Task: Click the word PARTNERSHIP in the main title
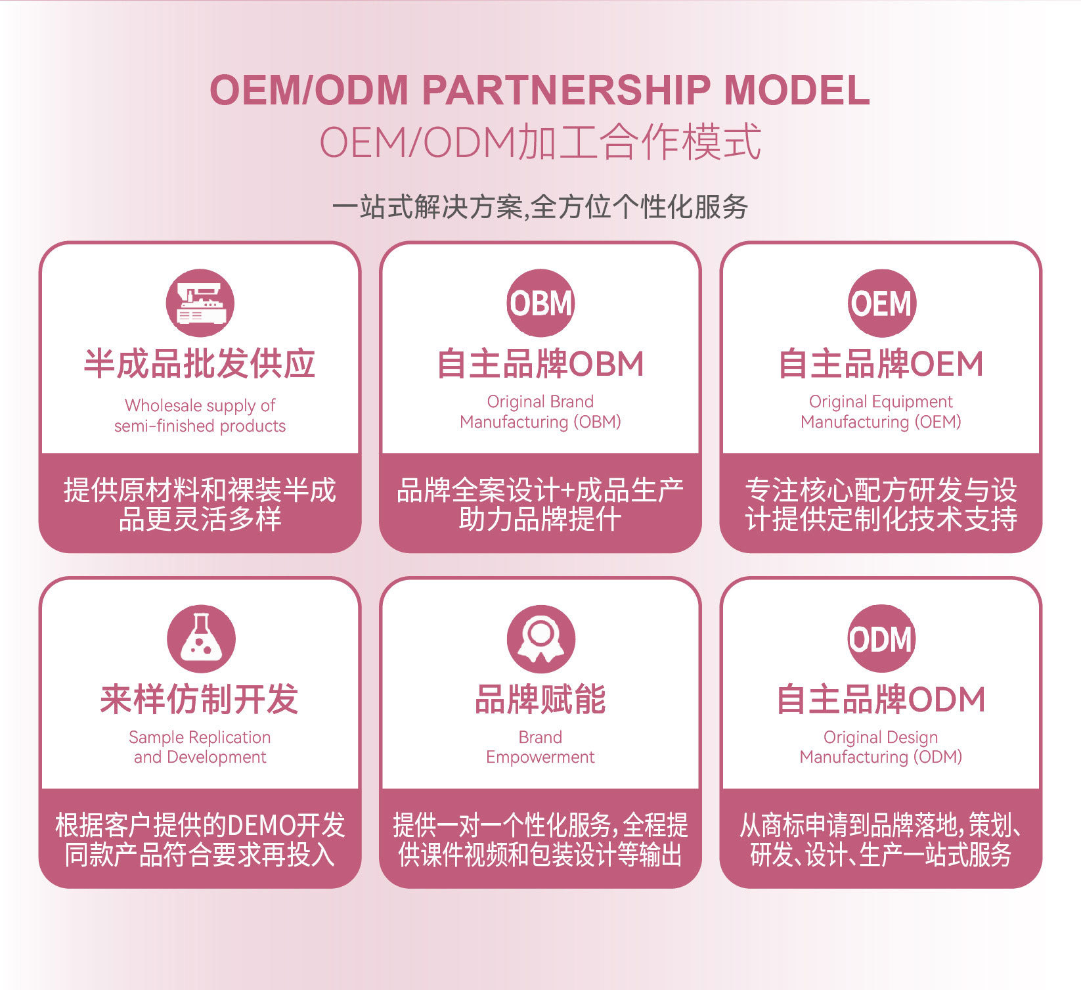(566, 90)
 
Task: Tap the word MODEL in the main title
(797, 90)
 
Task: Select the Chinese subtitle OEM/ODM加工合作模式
(540, 142)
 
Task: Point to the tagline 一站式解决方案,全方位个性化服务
(540, 207)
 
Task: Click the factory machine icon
(200, 303)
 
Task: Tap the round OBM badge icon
(540, 303)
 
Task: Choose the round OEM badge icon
(881, 303)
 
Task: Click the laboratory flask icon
(200, 639)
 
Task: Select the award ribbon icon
(540, 639)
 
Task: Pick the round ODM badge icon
(881, 639)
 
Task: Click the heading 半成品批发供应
(200, 363)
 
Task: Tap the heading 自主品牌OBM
(540, 363)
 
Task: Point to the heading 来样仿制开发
(200, 699)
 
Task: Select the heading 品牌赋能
(540, 699)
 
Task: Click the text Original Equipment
(881, 401)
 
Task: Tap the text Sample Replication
(200, 737)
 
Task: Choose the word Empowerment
(540, 757)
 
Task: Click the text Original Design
(881, 737)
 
